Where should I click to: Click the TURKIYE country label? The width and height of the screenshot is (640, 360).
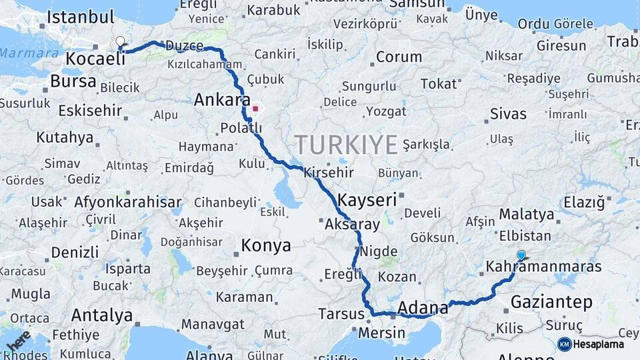pos(346,145)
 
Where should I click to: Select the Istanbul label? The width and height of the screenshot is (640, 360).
pos(81,17)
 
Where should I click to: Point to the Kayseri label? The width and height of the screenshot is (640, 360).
pos(367,199)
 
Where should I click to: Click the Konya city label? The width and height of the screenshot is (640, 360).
pos(266,246)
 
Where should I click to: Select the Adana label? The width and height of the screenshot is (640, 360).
pos(423,308)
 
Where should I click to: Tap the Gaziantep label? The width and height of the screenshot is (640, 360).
pos(551,303)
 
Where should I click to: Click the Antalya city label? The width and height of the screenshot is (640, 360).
pos(101,315)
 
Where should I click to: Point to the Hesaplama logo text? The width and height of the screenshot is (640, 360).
pos(598,344)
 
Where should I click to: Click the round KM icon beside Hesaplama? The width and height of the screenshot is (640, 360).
pos(565,344)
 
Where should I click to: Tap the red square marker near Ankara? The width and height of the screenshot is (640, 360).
pos(255,108)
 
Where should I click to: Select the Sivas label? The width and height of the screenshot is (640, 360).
pos(508,114)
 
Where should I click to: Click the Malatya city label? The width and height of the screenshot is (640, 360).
pos(526,215)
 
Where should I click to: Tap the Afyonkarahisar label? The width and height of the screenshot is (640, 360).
pos(128,202)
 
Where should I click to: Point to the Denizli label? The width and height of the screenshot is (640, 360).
pos(75,253)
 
